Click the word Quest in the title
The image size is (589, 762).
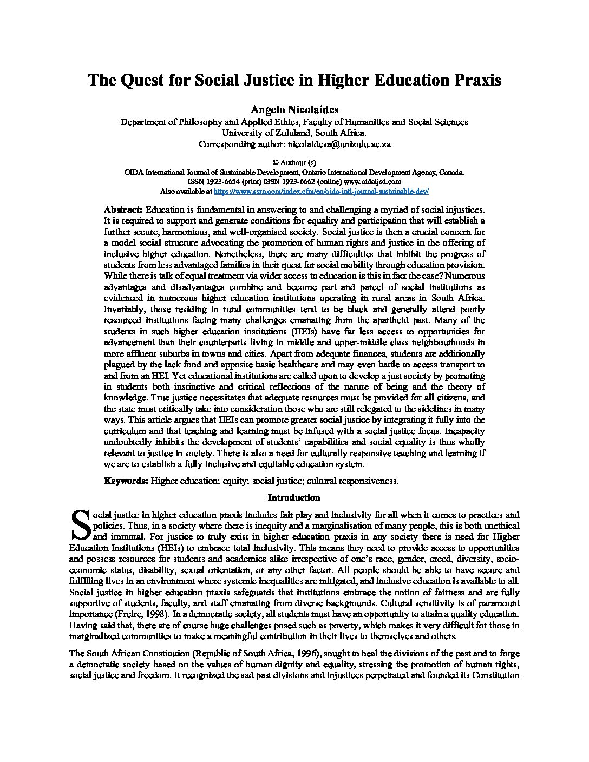[142, 81]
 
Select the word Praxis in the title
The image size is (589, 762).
[473, 81]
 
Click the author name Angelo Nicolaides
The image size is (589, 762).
[294, 110]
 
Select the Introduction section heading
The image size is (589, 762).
[294, 497]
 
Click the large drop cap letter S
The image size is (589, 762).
[80, 524]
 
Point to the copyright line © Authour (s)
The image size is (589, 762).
[294, 162]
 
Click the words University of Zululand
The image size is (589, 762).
[258, 133]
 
